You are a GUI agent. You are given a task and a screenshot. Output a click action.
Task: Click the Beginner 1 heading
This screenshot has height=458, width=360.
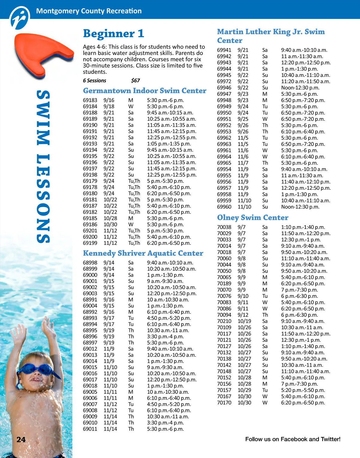coord(113,33)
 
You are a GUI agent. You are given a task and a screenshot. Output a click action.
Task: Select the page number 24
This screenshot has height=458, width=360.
coord(21,440)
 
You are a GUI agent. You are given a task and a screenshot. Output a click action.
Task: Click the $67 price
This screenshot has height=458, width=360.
coord(135,80)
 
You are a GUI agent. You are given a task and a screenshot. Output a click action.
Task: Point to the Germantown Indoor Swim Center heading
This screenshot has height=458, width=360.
coord(145,91)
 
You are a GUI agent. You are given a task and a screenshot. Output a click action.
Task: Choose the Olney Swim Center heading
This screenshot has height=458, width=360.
coord(253,217)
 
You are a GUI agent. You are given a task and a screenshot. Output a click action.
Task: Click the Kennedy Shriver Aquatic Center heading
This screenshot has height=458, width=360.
coord(143,253)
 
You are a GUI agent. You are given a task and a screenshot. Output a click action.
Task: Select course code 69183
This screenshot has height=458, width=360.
coord(90,100)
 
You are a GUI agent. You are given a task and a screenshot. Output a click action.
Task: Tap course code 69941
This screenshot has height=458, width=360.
coord(224,50)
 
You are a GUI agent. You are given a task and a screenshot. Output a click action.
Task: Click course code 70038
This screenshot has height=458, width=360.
coord(224,227)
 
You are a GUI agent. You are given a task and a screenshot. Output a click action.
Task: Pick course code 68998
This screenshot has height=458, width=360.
coord(90,263)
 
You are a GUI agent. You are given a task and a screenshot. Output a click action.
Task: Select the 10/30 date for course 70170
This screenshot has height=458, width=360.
coord(244,403)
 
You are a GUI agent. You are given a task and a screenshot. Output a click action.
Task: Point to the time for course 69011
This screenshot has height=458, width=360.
coord(165,429)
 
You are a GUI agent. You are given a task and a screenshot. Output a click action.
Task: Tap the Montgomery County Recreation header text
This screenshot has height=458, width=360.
coord(89,11)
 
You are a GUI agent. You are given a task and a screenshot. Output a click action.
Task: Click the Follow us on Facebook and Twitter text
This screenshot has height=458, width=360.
coord(293,439)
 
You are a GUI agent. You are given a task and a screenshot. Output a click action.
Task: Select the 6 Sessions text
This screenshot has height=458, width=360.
coord(94,80)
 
